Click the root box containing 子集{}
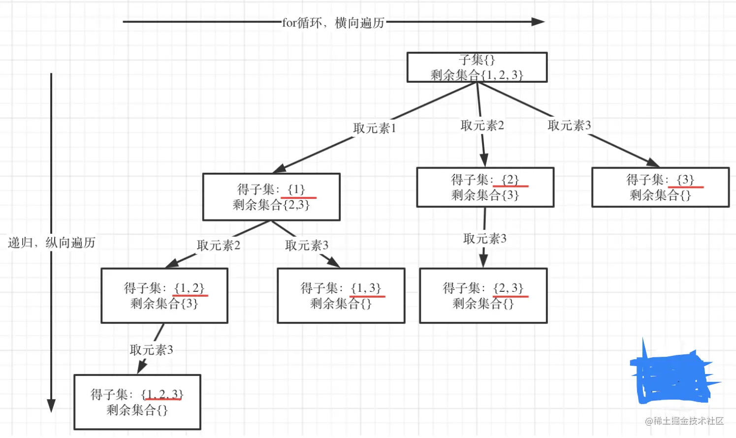pos(477,67)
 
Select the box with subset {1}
pos(271,197)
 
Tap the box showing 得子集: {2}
pos(485,188)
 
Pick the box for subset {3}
pos(660,188)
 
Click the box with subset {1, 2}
pos(164,295)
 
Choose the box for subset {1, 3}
pos(341,295)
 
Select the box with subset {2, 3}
pos(483,295)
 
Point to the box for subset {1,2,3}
pos(137,402)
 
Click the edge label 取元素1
pos(375,128)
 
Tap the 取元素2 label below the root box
pos(482,125)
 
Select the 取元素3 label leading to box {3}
pos(569,125)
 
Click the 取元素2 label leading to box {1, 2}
pos(219,245)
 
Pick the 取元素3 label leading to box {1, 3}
pos(307,245)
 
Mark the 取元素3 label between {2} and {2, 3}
pos(484,239)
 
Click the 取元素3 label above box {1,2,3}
pos(151,350)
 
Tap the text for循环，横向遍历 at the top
pos(333,23)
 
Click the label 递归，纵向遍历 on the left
pos(51,243)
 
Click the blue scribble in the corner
pos(672,377)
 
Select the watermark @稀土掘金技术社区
pos(684,421)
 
